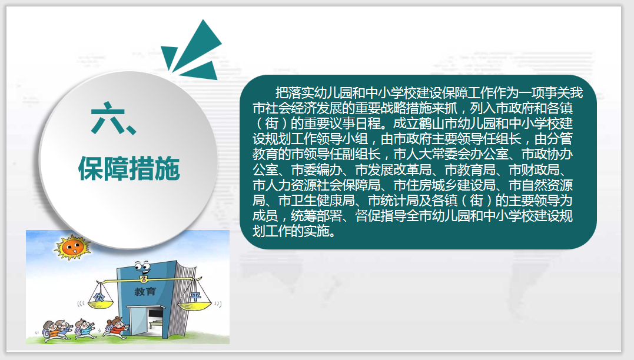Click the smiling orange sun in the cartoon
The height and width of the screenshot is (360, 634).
[72, 246]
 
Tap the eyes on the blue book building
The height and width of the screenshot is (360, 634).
[142, 266]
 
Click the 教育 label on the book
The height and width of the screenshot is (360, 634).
[145, 291]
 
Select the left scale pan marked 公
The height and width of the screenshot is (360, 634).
[101, 301]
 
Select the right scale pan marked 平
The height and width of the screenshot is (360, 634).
[195, 302]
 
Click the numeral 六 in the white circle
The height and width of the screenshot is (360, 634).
[108, 118]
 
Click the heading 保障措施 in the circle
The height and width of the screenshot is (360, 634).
[129, 168]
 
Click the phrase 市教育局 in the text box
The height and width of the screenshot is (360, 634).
[470, 169]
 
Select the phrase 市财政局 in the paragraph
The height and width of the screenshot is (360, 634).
[534, 169]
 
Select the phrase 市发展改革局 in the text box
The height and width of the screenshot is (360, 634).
[393, 169]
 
